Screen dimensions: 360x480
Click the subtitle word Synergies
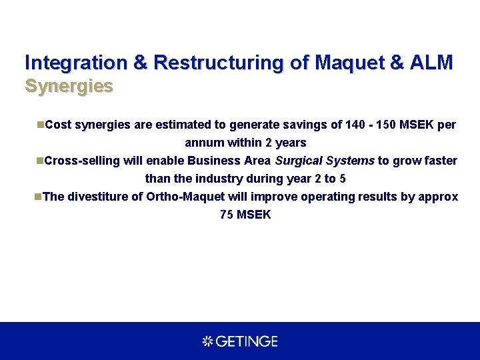[69, 87]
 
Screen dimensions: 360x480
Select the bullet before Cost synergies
[40, 124]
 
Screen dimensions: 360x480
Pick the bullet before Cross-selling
[40, 161]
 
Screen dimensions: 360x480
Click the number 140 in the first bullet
[356, 125]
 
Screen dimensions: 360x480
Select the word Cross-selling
[82, 161]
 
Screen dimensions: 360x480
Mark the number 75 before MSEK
[227, 215]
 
